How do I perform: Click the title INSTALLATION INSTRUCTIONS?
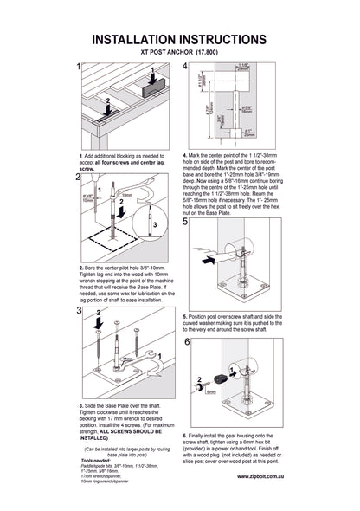pyautogui.click(x=179, y=40)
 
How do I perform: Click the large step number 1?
pyautogui.click(x=79, y=67)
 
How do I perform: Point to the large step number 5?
pyautogui.click(x=187, y=222)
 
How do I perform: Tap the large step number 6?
pyautogui.click(x=187, y=343)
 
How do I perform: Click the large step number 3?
pyautogui.click(x=79, y=310)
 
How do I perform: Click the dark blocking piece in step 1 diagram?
pyautogui.click(x=156, y=83)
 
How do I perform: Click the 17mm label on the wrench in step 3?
pyautogui.click(x=127, y=358)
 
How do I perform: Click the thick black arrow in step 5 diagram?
pyautogui.click(x=207, y=258)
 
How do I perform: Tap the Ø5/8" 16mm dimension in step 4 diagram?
pyautogui.click(x=247, y=109)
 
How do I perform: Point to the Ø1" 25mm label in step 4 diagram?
pyautogui.click(x=249, y=133)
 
